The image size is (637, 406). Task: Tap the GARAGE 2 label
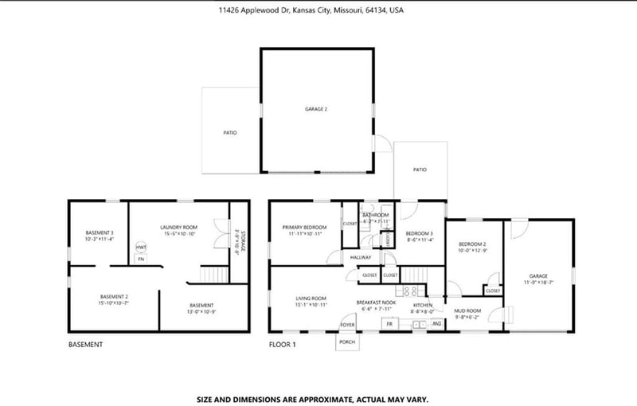[x=316, y=109]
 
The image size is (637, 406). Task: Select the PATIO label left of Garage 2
[x=229, y=133]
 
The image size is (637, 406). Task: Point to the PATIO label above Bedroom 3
[x=420, y=170]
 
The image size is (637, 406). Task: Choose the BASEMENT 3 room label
[x=100, y=235]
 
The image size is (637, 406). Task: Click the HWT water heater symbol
[x=141, y=248]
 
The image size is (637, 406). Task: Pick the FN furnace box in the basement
[x=141, y=259]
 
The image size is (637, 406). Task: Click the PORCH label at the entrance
[x=347, y=342]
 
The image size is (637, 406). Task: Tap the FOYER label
[x=347, y=325]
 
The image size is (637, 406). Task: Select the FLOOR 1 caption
[x=282, y=345]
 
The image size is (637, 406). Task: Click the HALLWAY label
[x=361, y=257]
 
